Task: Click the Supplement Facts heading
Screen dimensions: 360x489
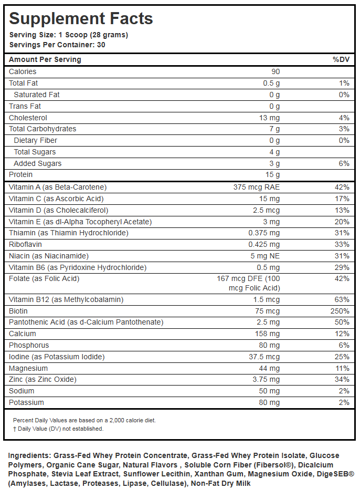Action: [x=81, y=19]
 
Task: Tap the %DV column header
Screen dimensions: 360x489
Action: [x=341, y=59]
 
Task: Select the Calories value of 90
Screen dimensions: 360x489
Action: [x=276, y=71]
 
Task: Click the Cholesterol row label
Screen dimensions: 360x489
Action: [x=28, y=118]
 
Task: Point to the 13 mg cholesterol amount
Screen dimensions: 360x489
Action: [x=269, y=118]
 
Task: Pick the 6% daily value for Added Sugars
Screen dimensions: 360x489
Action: [x=344, y=163]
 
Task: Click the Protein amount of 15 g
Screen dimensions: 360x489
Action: [x=272, y=174]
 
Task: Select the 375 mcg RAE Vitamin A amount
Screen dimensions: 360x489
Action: [x=257, y=187]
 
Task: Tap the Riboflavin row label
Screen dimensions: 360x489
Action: [x=25, y=244]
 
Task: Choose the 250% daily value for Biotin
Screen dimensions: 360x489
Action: [x=340, y=311]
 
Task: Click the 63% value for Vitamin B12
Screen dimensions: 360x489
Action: [x=342, y=299]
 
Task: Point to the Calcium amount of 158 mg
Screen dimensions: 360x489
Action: [x=268, y=334]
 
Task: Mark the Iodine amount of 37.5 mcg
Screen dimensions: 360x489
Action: [x=264, y=357]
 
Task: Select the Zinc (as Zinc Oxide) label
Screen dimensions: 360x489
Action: [x=43, y=379]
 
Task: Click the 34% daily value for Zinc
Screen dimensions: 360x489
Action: [x=342, y=380]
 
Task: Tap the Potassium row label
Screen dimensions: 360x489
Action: [x=26, y=402]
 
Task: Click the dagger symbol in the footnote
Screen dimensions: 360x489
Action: [x=15, y=429]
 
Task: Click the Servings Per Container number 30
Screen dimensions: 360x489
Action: [x=101, y=45]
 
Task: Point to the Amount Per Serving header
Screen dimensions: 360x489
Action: [x=45, y=59]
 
